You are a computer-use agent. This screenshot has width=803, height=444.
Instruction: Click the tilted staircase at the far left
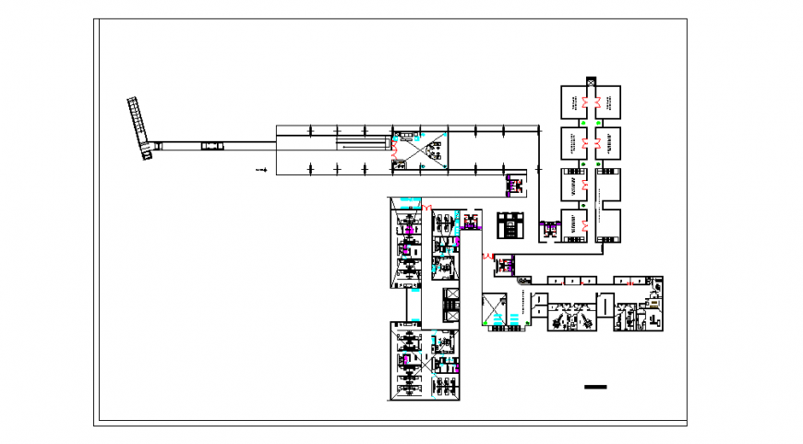click(140, 126)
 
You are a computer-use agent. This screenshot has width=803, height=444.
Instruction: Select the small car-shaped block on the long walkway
click(212, 145)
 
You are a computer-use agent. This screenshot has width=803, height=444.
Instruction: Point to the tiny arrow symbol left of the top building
click(262, 170)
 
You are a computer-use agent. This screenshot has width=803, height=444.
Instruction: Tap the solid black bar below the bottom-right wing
click(595, 386)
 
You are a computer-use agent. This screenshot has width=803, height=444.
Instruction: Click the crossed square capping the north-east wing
click(591, 81)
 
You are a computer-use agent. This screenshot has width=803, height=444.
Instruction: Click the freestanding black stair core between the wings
click(509, 225)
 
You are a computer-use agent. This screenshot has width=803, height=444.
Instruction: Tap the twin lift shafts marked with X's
click(453, 304)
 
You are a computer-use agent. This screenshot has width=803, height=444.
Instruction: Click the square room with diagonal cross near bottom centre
click(492, 304)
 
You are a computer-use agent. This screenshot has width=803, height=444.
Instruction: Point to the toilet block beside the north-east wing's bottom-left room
click(549, 230)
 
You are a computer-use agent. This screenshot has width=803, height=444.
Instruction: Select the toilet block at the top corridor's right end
click(512, 186)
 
